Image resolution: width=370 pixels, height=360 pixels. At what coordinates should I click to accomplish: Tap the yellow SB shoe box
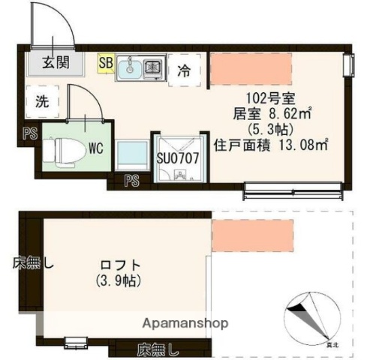(x=105, y=63)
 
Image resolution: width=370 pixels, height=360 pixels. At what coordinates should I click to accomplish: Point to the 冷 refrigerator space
(x=183, y=71)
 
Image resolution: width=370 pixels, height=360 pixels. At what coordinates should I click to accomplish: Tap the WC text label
(x=95, y=148)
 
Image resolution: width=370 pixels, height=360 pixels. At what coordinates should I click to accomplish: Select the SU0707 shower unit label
(x=177, y=158)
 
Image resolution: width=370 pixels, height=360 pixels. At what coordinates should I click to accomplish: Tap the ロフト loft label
(x=119, y=265)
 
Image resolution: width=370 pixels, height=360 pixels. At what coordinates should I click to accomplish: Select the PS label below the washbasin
(x=132, y=180)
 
